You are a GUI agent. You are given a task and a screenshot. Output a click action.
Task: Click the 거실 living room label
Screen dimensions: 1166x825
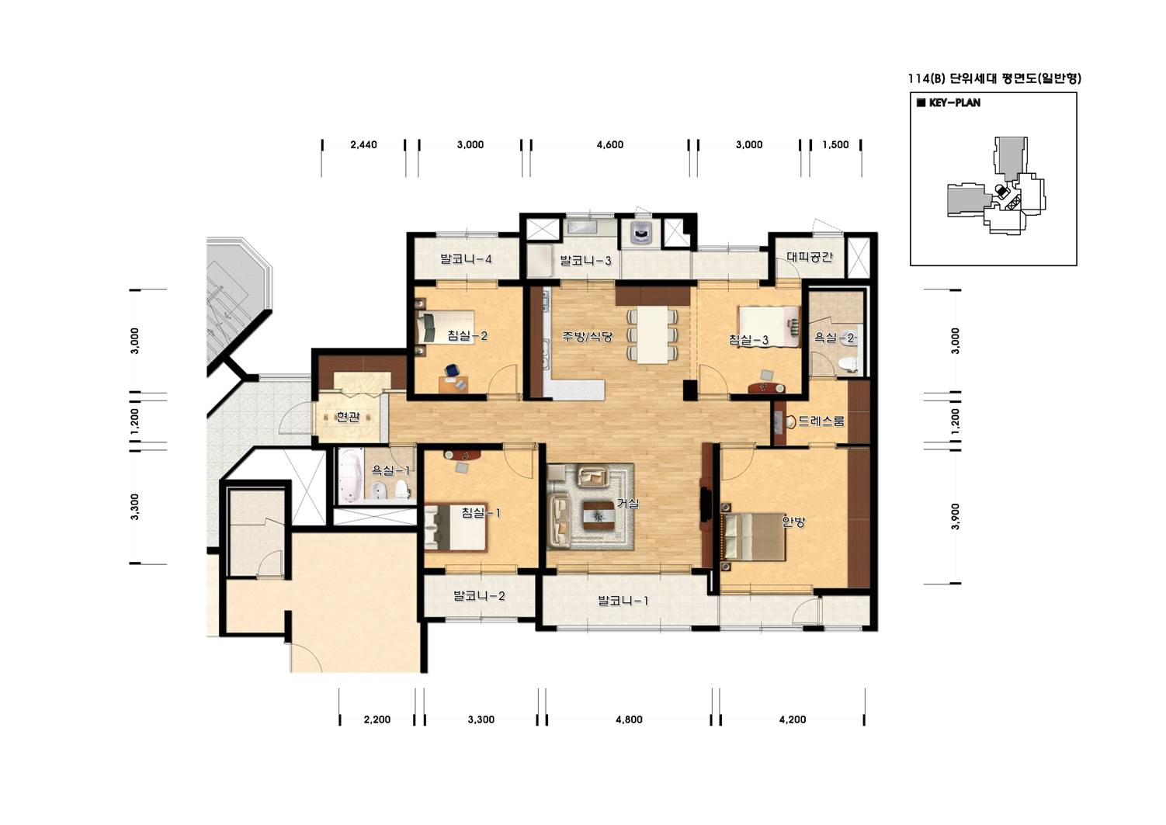point(628,504)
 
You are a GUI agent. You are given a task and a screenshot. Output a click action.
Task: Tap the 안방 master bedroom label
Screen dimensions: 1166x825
point(793,522)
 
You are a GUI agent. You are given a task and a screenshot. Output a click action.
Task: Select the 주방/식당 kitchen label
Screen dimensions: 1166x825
point(587,336)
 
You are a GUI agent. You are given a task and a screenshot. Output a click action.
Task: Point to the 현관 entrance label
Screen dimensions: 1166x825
point(349,417)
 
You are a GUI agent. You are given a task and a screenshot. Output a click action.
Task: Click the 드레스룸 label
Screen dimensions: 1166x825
point(821,421)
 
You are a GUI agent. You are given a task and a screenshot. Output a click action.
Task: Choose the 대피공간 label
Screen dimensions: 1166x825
point(810,256)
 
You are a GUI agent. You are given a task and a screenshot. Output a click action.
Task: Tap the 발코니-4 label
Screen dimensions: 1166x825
point(466,258)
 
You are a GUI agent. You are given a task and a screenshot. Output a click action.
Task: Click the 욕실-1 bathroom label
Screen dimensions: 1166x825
point(390,470)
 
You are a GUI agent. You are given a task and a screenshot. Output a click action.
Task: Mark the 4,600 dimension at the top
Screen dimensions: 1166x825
point(609,144)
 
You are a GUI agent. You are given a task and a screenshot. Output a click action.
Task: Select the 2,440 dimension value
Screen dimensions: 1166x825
point(363,144)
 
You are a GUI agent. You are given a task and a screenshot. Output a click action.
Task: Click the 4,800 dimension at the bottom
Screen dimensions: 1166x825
point(629,719)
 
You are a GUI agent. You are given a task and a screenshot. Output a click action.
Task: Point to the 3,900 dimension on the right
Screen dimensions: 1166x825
point(955,516)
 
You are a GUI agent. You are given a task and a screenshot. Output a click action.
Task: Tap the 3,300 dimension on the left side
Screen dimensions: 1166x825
point(135,507)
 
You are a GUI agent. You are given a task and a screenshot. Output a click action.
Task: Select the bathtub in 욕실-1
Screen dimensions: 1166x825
point(352,477)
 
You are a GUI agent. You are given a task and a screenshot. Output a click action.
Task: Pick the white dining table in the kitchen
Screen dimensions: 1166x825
point(653,335)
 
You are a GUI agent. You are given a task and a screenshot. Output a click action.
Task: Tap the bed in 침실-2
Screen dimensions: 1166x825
point(446,327)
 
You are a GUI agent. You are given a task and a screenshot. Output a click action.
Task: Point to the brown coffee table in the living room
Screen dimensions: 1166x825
point(599,515)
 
